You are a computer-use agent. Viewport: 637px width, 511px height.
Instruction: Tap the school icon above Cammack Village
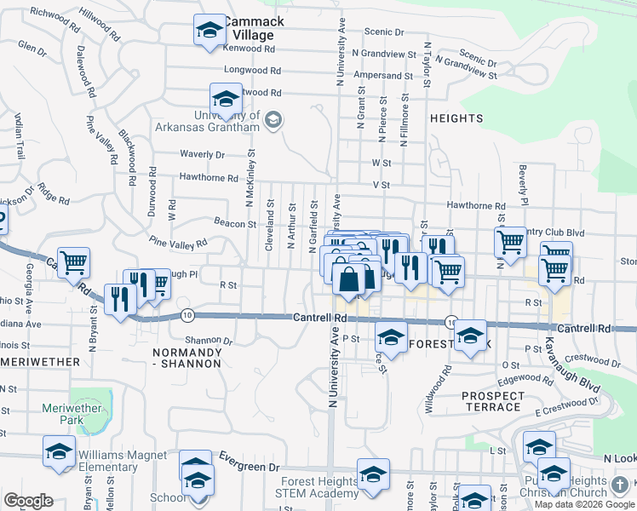(208, 32)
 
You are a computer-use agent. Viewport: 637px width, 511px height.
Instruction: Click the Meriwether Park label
(72, 414)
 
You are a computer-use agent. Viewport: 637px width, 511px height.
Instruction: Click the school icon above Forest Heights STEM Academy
(373, 474)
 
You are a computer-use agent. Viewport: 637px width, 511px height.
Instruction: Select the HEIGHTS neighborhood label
(456, 118)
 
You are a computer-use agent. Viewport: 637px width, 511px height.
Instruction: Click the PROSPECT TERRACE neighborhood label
(493, 401)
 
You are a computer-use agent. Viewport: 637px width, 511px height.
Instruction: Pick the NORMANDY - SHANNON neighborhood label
(187, 357)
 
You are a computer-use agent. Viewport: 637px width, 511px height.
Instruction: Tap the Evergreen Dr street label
(250, 467)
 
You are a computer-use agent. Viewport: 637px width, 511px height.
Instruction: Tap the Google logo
(28, 501)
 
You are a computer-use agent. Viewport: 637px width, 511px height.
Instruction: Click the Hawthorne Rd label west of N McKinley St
(209, 178)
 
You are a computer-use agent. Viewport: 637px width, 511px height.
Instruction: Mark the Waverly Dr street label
(202, 155)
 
